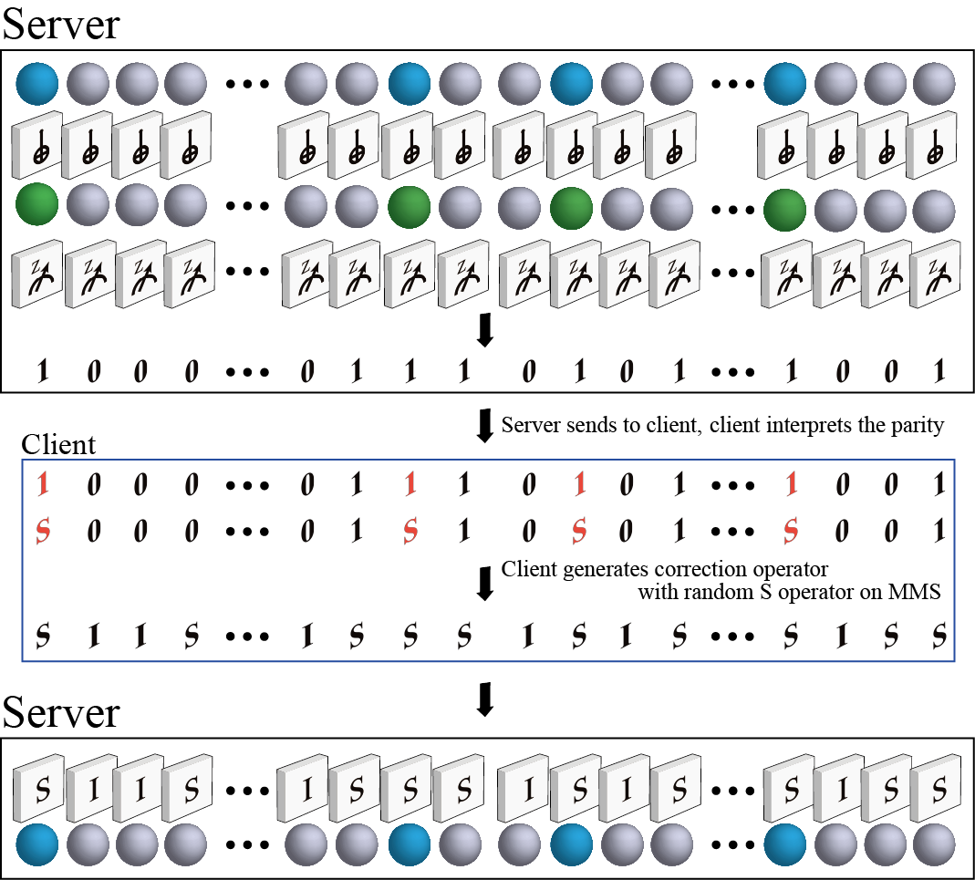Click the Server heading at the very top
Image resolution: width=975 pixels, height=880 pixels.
click(x=61, y=24)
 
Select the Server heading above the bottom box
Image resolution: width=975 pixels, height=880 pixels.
click(x=61, y=711)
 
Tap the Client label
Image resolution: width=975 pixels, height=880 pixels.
click(x=59, y=445)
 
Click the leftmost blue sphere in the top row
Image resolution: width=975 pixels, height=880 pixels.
click(x=36, y=84)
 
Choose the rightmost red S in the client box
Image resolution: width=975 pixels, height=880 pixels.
click(x=790, y=530)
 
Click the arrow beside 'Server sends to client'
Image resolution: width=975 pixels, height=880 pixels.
click(x=484, y=425)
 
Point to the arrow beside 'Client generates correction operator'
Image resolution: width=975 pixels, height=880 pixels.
click(x=484, y=583)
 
